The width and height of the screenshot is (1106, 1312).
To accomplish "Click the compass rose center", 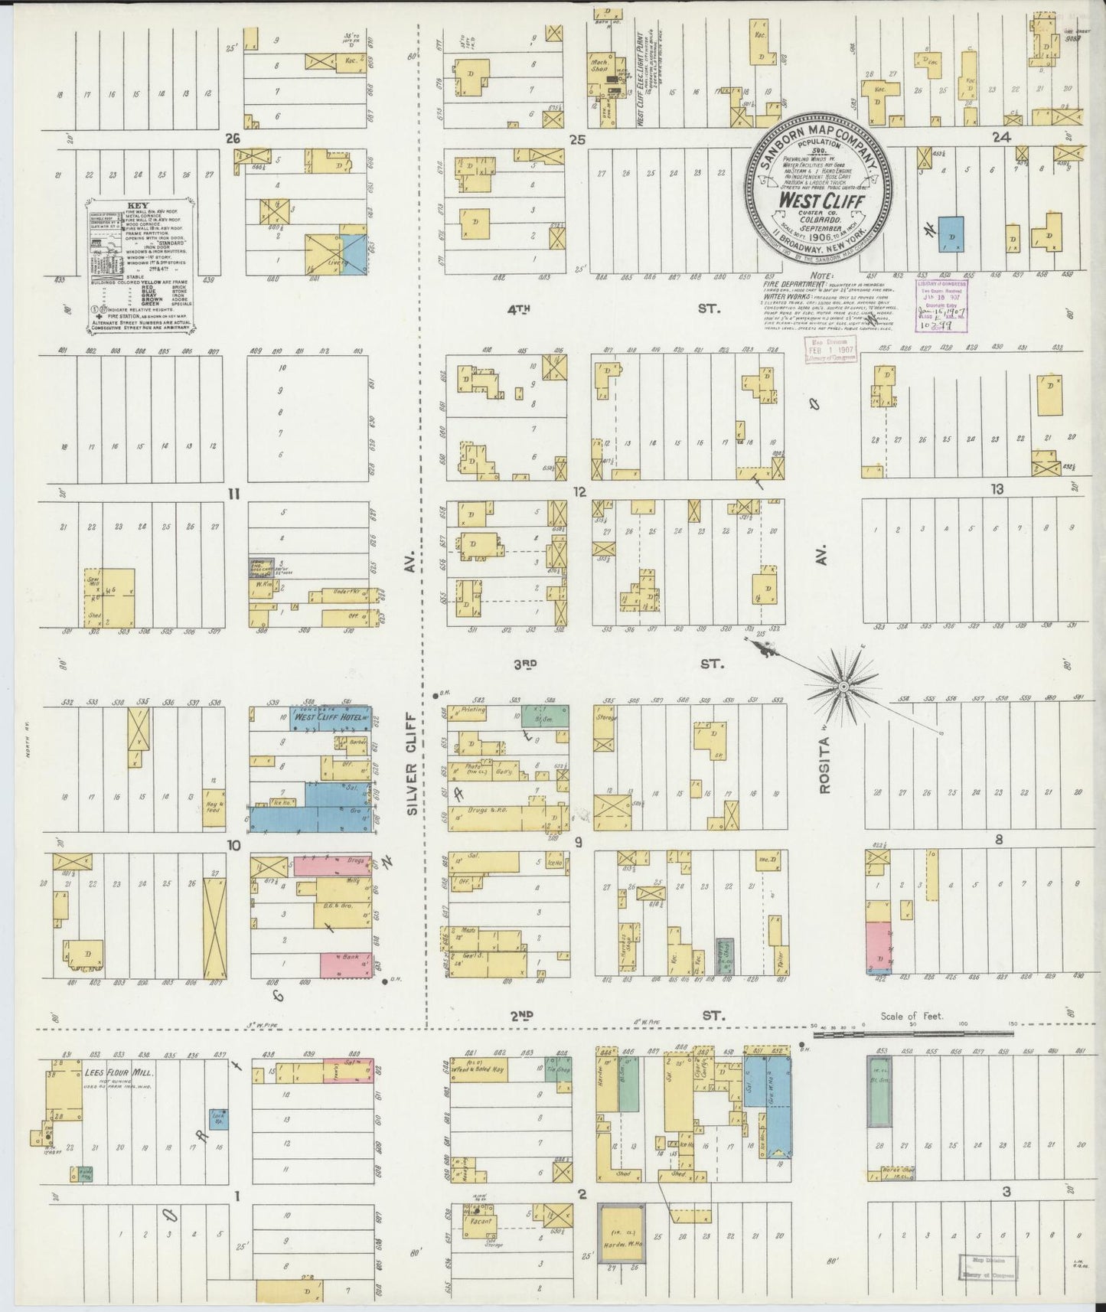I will click(842, 688).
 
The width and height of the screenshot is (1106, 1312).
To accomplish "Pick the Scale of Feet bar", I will click(911, 1033).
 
